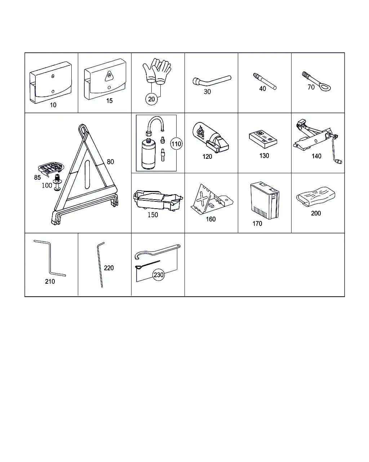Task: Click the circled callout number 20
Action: point(151,99)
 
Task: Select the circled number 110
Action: point(176,144)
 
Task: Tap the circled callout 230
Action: point(159,275)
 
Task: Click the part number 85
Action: point(37,177)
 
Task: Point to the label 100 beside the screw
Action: point(47,185)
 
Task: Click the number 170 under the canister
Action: point(257,223)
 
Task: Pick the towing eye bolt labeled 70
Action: point(316,81)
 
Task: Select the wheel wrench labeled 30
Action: point(212,80)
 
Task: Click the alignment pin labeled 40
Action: point(264,81)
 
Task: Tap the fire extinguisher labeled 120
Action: point(210,138)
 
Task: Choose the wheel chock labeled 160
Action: point(212,199)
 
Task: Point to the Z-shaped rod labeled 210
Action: point(50,258)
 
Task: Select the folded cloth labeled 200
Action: point(316,196)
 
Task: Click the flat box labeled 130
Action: point(263,139)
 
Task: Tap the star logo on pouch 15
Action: point(109,76)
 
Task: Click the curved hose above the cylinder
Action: point(155,125)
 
